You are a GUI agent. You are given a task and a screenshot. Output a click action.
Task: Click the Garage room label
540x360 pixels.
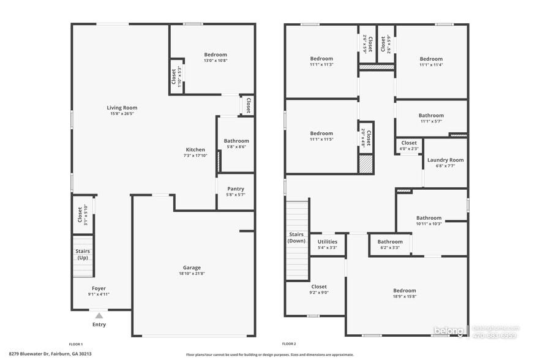[192, 268]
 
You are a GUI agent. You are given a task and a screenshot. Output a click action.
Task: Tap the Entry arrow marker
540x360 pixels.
[99, 315]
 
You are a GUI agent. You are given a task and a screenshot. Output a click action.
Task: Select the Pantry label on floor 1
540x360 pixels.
[236, 189]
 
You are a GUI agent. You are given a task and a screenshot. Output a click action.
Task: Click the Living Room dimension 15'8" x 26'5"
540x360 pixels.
[121, 113]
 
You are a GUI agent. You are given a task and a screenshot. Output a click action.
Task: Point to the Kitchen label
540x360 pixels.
[195, 150]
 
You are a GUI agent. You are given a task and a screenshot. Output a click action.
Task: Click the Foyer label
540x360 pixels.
[99, 288]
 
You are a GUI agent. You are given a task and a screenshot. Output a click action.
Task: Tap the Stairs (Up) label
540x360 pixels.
[82, 254]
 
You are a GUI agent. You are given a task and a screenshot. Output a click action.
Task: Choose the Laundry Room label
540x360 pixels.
[445, 160]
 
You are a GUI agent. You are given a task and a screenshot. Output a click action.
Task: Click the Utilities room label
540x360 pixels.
[327, 242]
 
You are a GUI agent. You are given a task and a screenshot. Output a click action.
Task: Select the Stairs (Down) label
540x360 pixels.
[296, 238]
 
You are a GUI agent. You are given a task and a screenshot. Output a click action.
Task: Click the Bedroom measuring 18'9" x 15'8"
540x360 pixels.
[404, 291]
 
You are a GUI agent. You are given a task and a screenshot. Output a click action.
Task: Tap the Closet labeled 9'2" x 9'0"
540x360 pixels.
[319, 287]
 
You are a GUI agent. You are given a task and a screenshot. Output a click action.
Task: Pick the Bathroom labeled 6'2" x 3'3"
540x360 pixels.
[389, 242]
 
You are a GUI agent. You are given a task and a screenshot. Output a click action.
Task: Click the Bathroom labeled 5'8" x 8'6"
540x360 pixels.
[236, 141]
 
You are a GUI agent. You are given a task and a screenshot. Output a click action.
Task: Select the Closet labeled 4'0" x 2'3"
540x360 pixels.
[409, 143]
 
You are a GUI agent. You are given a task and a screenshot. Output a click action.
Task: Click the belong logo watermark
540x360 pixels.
[450, 331]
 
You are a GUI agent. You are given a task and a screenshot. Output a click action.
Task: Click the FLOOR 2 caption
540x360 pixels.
[289, 344]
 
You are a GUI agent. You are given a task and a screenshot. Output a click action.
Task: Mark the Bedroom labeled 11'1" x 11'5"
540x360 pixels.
[321, 133]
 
